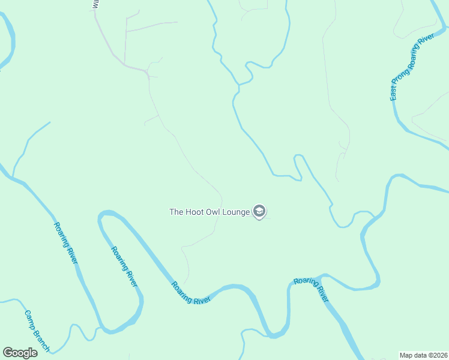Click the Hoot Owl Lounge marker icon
click(259, 211)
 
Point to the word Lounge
click(235, 212)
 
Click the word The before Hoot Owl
click(176, 212)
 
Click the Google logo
click(20, 353)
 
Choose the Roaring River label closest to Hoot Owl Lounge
click(191, 293)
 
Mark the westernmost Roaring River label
click(66, 243)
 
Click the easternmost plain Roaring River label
click(312, 289)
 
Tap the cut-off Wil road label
click(95, 4)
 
